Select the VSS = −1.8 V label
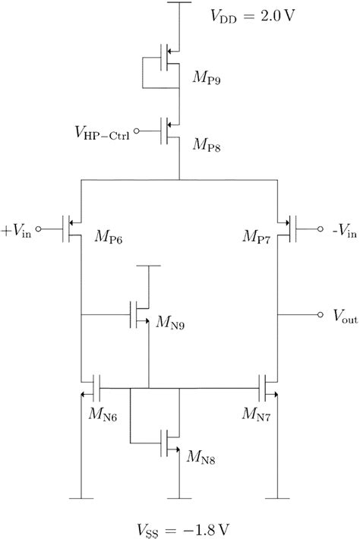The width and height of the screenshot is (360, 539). (179, 526)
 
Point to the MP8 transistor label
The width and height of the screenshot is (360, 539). (203, 143)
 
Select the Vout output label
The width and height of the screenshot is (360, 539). (341, 319)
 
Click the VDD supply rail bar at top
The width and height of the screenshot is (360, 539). (179, 2)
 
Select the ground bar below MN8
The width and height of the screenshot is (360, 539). (179, 497)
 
